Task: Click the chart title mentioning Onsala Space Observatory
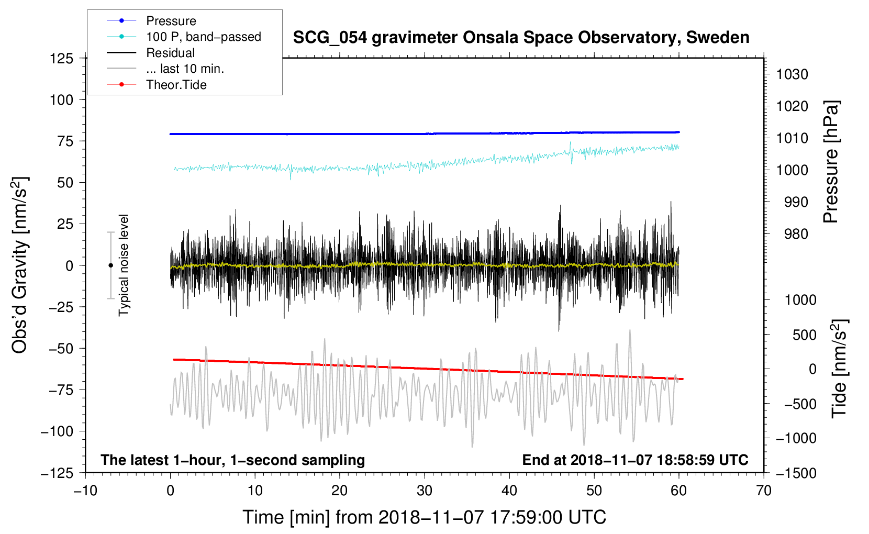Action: pos(521,38)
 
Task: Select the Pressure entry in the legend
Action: pos(171,21)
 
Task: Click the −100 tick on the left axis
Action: pos(57,431)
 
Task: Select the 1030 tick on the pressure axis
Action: pos(792,74)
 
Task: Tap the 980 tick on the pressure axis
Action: pos(796,234)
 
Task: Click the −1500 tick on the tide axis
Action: pos(796,473)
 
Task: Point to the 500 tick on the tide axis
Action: pos(805,335)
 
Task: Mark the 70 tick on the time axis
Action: pos(763,491)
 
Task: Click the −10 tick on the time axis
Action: pos(85,491)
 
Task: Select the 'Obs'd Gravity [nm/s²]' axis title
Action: pos(20,265)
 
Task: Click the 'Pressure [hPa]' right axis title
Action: pos(831,162)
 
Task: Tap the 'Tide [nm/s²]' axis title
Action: pos(840,369)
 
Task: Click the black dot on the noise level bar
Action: pos(110,265)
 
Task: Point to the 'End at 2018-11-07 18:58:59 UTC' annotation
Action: pos(635,460)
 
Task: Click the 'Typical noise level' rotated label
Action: pos(124,265)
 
